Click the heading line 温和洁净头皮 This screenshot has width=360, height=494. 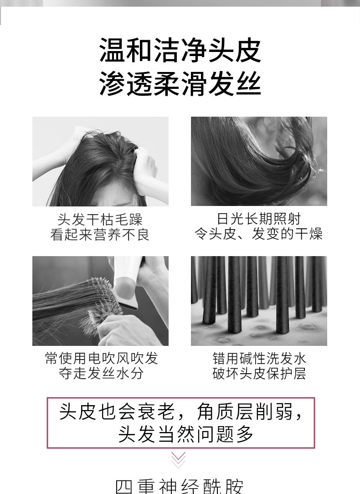pyautogui.click(x=180, y=51)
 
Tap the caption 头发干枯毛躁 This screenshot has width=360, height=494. pyautogui.click(x=100, y=220)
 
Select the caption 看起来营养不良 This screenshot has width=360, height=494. pyautogui.click(x=100, y=235)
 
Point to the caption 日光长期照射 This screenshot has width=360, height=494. pyautogui.click(x=259, y=219)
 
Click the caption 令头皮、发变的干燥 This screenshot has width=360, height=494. pyautogui.click(x=259, y=234)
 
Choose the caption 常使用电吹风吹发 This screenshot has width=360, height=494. pyautogui.click(x=101, y=358)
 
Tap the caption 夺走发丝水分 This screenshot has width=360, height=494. pyautogui.click(x=101, y=374)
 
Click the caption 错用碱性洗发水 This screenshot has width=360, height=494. pyautogui.click(x=259, y=358)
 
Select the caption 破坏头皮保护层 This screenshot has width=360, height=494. pyautogui.click(x=259, y=374)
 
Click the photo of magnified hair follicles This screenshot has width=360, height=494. pyautogui.click(x=259, y=301)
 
